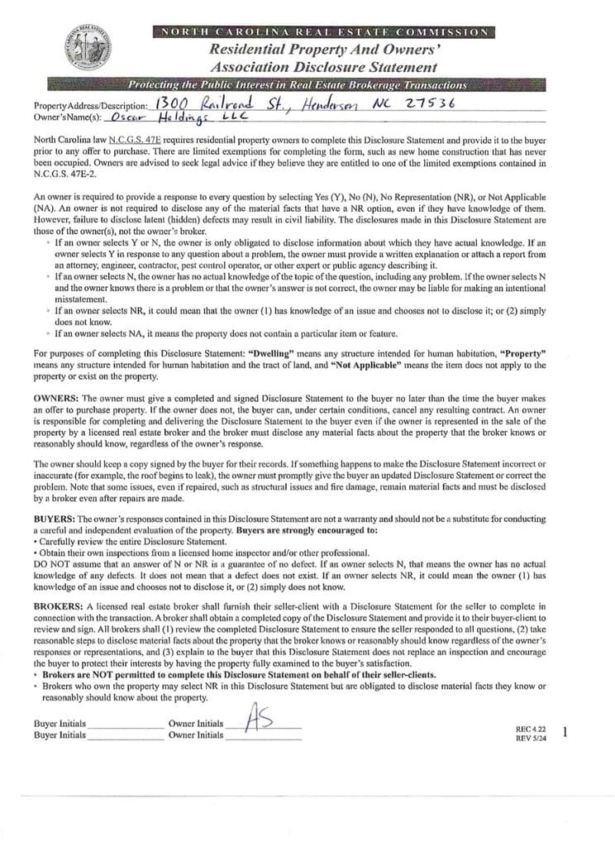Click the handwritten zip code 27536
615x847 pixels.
coord(431,103)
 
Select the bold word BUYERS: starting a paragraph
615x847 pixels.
coord(55,518)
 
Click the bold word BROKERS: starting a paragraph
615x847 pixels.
coord(57,606)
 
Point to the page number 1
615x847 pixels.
coord(564,731)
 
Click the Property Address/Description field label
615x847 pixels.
coord(91,107)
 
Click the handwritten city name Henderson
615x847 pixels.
coord(313,104)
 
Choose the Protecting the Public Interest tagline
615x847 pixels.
coord(297,84)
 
